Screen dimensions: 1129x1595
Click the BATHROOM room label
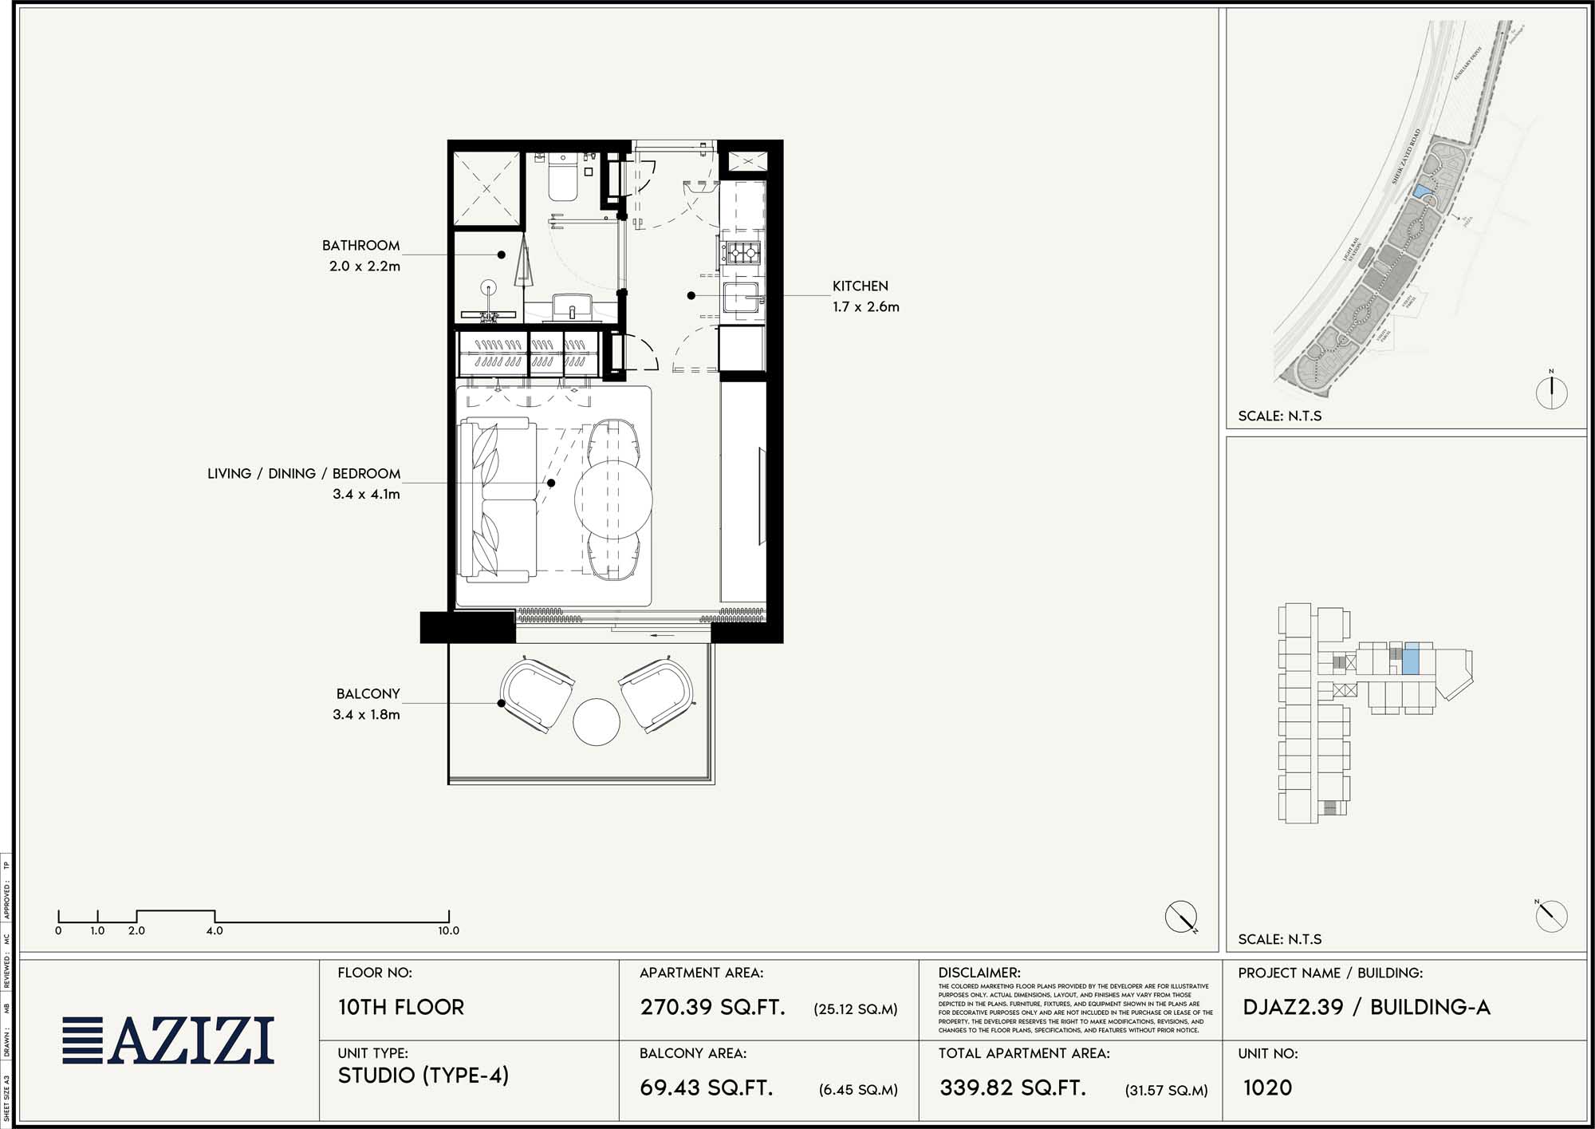(360, 246)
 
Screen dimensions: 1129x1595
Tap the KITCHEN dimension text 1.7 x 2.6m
(865, 307)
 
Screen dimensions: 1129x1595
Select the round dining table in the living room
(613, 499)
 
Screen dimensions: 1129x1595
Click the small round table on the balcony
(597, 722)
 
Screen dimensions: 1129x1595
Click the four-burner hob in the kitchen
(742, 254)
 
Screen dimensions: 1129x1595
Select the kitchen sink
(742, 298)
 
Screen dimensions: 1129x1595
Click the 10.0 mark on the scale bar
(448, 930)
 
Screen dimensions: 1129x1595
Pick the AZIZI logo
(169, 1040)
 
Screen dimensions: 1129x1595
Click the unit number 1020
(1267, 1088)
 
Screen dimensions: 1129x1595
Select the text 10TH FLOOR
(401, 1007)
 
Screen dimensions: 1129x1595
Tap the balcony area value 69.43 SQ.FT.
(707, 1088)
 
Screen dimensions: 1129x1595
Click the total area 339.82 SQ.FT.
(1013, 1088)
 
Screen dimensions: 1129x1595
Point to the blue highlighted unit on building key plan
(1411, 659)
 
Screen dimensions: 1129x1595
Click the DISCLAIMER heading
(979, 973)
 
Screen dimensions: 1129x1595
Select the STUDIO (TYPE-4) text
(423, 1076)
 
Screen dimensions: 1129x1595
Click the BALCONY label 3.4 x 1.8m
(366, 715)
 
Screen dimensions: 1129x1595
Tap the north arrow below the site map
(1551, 392)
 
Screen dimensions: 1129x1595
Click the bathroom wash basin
(572, 306)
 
